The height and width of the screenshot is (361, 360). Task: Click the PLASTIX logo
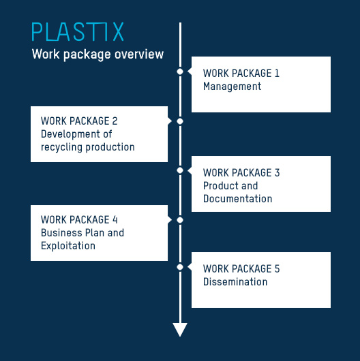[x=78, y=31]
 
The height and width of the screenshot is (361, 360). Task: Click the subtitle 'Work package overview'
[x=97, y=54]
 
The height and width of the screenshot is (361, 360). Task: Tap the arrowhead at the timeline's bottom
[x=180, y=330]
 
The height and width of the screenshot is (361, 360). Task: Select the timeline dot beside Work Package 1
[x=180, y=72]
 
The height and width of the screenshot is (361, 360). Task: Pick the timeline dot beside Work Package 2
[x=180, y=121]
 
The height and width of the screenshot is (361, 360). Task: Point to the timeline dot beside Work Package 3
[x=180, y=170]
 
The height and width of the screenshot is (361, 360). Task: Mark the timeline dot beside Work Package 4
[x=180, y=220]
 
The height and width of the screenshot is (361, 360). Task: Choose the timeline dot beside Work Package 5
[x=180, y=267]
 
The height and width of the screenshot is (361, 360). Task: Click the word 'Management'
[x=232, y=87]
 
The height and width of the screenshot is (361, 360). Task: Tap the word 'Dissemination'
[x=235, y=282]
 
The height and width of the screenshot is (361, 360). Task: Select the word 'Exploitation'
[x=68, y=246]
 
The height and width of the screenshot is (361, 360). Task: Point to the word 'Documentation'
[x=238, y=199]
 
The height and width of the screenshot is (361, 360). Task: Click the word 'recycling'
[x=61, y=147]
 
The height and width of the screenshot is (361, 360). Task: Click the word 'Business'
[x=61, y=233]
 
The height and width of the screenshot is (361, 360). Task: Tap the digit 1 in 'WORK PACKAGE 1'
[x=277, y=73]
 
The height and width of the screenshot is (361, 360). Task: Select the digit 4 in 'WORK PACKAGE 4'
[x=115, y=219]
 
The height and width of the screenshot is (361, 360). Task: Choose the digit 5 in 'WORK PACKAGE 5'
[x=277, y=268]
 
